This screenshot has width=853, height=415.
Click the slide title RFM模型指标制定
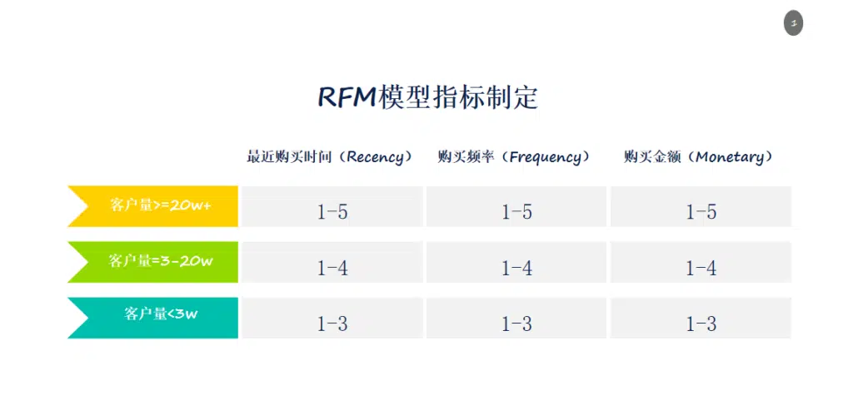(x=427, y=98)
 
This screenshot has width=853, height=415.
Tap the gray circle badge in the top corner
(x=793, y=24)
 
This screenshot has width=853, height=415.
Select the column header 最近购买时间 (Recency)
(x=330, y=157)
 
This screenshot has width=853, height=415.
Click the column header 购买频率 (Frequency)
(x=514, y=157)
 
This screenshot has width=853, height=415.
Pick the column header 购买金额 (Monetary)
(x=699, y=157)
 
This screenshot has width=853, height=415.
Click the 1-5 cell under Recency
(x=332, y=206)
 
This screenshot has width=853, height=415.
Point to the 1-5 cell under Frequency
(x=516, y=206)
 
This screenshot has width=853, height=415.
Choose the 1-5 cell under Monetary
(x=701, y=206)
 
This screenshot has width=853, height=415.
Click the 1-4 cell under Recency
(x=332, y=262)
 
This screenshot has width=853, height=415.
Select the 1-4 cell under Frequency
(x=516, y=262)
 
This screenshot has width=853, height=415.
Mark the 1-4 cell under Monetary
(x=701, y=262)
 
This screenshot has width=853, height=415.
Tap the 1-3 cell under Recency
(x=332, y=319)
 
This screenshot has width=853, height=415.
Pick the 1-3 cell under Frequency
(x=516, y=319)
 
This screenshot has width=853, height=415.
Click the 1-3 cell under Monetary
(x=701, y=319)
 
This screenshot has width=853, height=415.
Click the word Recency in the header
(x=376, y=158)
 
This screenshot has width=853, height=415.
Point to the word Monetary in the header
(x=730, y=158)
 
